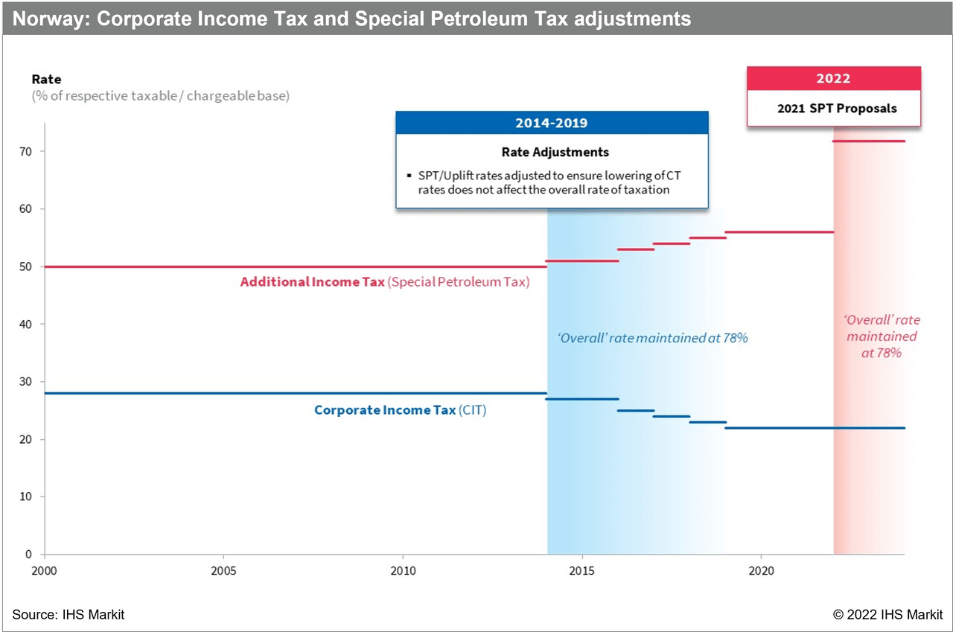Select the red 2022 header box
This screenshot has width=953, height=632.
click(834, 79)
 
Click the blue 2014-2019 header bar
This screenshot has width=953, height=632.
click(552, 123)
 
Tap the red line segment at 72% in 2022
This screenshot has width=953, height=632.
click(869, 141)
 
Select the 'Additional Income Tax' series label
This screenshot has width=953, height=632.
click(312, 282)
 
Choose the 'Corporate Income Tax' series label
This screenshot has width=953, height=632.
click(384, 410)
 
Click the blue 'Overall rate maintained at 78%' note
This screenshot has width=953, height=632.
click(652, 338)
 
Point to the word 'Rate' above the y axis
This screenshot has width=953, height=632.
click(46, 79)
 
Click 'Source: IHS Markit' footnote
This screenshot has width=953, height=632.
click(68, 615)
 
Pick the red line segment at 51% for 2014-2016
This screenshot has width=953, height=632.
click(583, 261)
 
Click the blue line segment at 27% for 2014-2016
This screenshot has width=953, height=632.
click(583, 399)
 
